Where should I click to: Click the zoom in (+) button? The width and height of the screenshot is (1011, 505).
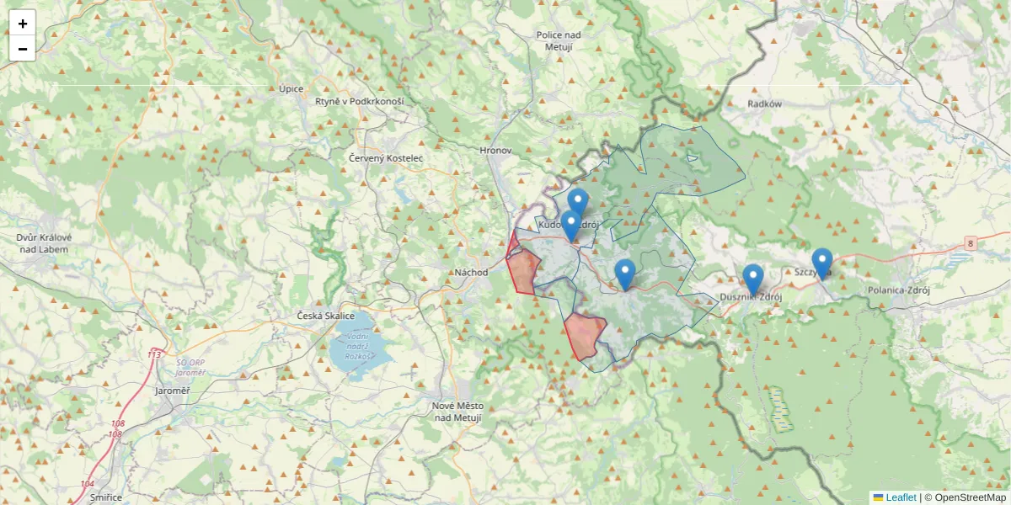pyautogui.click(x=22, y=24)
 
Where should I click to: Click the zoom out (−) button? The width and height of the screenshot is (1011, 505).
pyautogui.click(x=22, y=49)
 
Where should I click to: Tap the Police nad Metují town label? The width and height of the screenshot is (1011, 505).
pyautogui.click(x=559, y=40)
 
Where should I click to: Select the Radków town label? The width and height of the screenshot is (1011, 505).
pyautogui.click(x=765, y=104)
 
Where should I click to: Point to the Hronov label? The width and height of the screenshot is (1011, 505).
pyautogui.click(x=495, y=150)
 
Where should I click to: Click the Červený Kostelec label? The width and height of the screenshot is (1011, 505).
pyautogui.click(x=386, y=157)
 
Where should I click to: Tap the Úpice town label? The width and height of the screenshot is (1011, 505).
pyautogui.click(x=292, y=88)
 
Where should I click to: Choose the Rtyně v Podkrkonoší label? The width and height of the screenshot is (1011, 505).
pyautogui.click(x=360, y=101)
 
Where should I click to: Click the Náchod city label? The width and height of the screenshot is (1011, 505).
pyautogui.click(x=471, y=272)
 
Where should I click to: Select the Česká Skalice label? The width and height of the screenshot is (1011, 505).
pyautogui.click(x=326, y=316)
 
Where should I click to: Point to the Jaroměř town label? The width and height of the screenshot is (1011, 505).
pyautogui.click(x=173, y=391)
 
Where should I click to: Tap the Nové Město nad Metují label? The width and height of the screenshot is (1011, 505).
pyautogui.click(x=457, y=411)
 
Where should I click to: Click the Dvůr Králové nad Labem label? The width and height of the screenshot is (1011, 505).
pyautogui.click(x=44, y=242)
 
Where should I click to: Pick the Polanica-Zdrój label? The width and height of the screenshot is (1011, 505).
pyautogui.click(x=898, y=290)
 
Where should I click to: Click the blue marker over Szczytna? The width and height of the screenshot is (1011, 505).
pyautogui.click(x=821, y=262)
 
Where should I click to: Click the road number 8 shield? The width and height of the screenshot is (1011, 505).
pyautogui.click(x=971, y=242)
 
